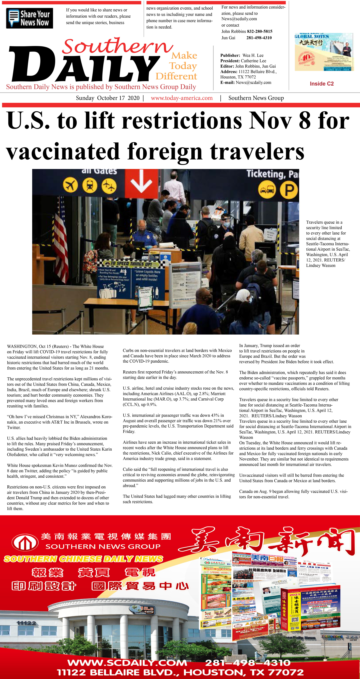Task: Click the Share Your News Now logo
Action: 30,18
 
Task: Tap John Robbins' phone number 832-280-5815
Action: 260,31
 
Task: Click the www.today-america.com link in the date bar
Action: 182,98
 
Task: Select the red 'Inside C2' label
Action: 321,84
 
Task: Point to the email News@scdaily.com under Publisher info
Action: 253,82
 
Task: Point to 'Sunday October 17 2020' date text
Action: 108,98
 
